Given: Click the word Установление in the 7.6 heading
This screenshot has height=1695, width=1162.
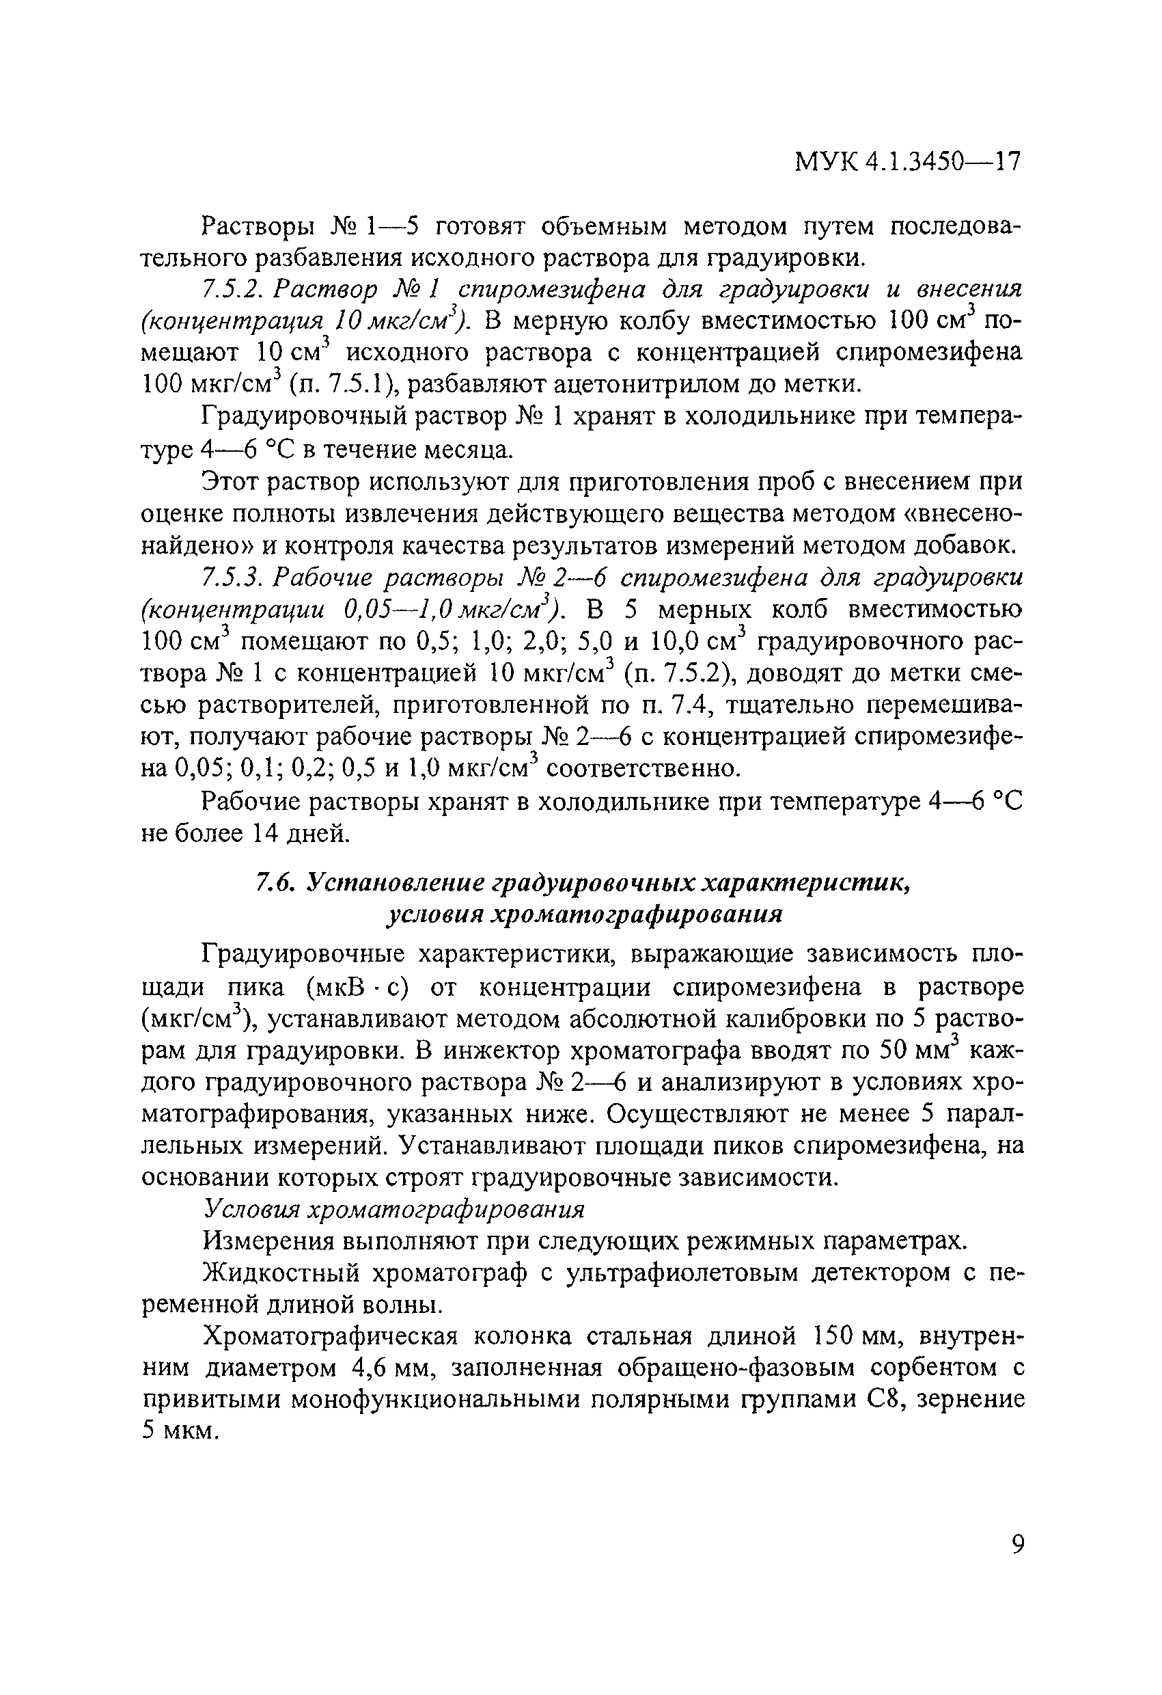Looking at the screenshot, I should (391, 882).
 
